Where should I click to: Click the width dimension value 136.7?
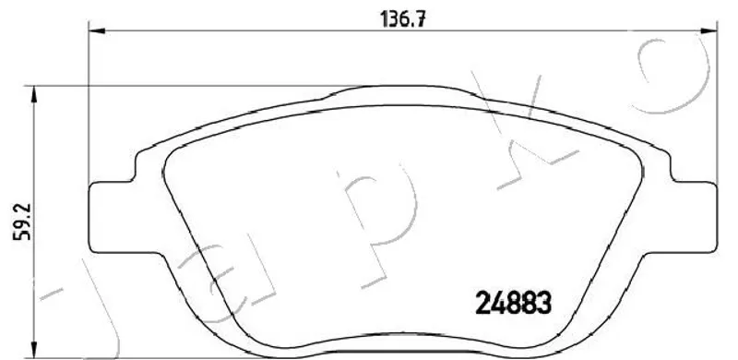click(x=403, y=19)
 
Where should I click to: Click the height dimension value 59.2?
click(x=22, y=222)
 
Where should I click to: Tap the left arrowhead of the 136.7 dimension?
click(x=97, y=31)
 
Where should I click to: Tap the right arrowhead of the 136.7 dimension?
click(x=709, y=31)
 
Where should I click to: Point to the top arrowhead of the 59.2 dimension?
click(x=34, y=94)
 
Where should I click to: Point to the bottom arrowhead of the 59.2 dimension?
click(x=34, y=350)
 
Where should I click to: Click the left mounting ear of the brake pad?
click(x=113, y=218)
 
